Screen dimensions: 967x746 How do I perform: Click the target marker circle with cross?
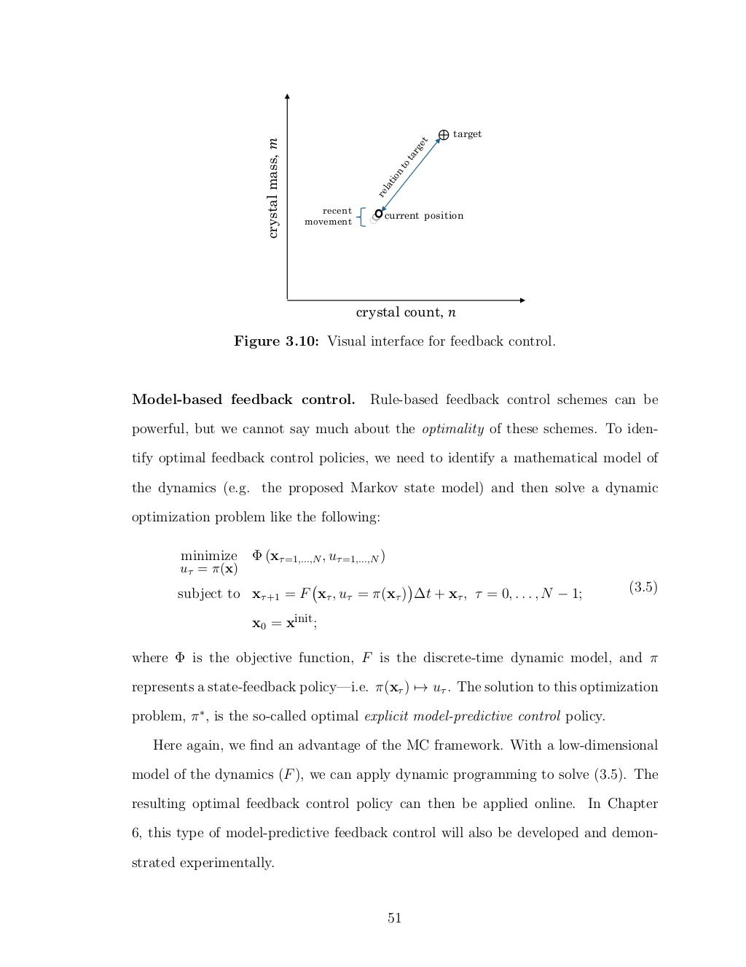point(443,134)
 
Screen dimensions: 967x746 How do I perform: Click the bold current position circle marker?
point(378,214)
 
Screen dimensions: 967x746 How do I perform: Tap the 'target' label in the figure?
point(467,134)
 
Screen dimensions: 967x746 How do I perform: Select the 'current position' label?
point(423,216)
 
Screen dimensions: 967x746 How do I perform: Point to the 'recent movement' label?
point(329,217)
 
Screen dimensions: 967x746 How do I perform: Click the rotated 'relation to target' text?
point(402,167)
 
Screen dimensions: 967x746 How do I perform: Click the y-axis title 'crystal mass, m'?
point(272,187)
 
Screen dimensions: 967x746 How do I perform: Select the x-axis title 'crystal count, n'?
point(406,313)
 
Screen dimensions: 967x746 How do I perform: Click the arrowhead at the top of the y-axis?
point(288,96)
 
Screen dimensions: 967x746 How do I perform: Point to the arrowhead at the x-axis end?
point(522,300)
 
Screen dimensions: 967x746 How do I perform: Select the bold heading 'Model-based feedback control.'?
point(243,400)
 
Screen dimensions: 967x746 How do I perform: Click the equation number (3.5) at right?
point(643,587)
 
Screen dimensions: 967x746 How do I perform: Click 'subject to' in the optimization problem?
point(208,594)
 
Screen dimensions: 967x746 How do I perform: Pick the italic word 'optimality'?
point(452,429)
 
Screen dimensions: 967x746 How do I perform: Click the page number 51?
point(394,918)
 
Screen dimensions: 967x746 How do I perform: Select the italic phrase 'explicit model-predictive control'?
point(462,716)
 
